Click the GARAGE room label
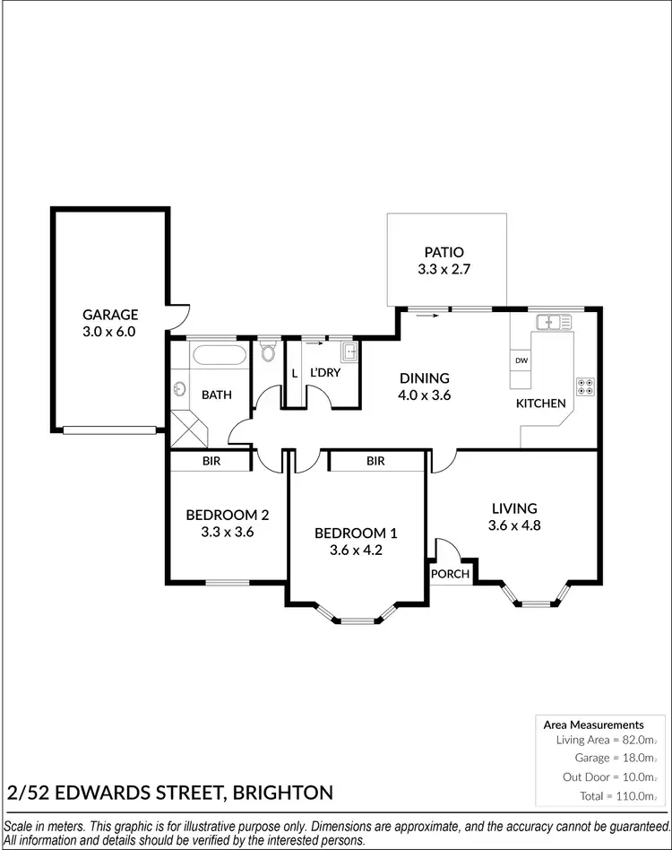(110, 315)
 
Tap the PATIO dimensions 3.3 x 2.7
(445, 269)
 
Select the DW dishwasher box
(521, 360)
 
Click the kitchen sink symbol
(555, 321)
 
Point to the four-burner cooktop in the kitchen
(587, 386)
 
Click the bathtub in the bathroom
(218, 355)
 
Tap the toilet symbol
(267, 351)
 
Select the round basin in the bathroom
(179, 390)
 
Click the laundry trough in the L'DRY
(348, 351)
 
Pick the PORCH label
(450, 574)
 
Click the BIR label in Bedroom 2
(211, 461)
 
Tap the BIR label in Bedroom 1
(375, 461)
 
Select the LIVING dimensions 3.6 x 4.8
(513, 525)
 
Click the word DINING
(424, 378)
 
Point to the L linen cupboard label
(294, 373)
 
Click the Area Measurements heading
(593, 724)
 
